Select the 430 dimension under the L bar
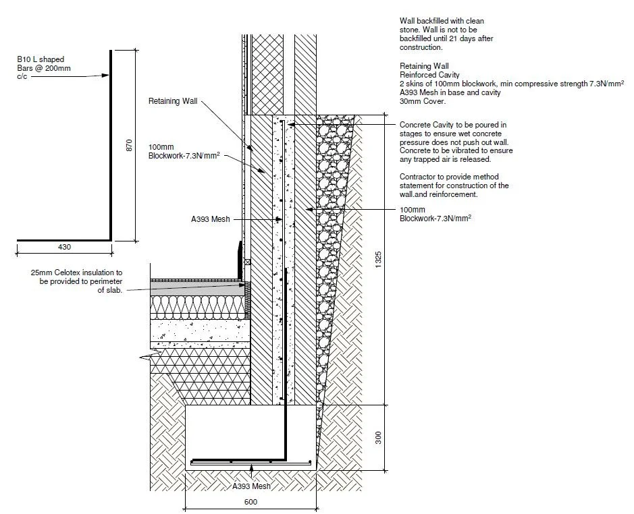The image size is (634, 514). (x=64, y=248)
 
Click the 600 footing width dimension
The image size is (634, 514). (x=250, y=502)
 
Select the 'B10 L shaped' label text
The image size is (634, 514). (x=41, y=60)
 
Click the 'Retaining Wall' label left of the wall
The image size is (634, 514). (x=173, y=101)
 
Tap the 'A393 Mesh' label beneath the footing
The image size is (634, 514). (x=251, y=486)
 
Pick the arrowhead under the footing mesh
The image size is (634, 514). (x=251, y=467)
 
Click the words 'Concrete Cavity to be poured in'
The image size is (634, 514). (x=452, y=125)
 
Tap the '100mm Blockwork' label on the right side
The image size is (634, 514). (x=435, y=214)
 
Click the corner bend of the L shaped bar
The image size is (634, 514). (x=110, y=239)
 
